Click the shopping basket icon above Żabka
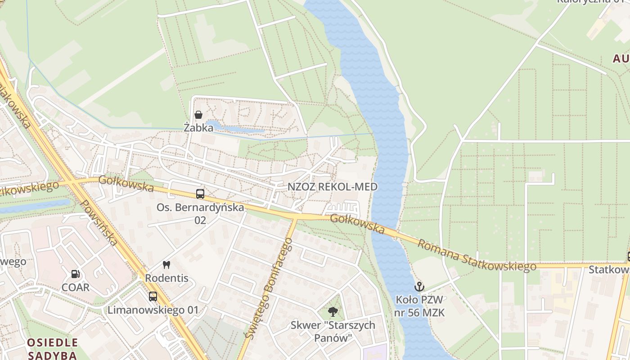tap(198, 115)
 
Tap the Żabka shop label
tap(198, 128)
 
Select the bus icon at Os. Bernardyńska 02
tap(200, 194)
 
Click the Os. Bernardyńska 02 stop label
tap(200, 214)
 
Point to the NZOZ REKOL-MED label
tap(333, 187)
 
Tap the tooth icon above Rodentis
tap(166, 265)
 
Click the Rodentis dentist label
tap(166, 278)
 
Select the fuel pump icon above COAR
tap(76, 274)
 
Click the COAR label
tap(76, 287)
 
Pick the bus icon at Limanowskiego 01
tap(153, 297)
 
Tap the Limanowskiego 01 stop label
tap(153, 310)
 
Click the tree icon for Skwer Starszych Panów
tap(333, 311)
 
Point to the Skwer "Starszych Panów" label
tap(333, 331)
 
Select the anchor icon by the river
tap(419, 286)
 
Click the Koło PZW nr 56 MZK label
tap(419, 306)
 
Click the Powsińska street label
tap(99, 223)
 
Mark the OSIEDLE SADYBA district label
tap(52, 349)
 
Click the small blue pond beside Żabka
tap(234, 128)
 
